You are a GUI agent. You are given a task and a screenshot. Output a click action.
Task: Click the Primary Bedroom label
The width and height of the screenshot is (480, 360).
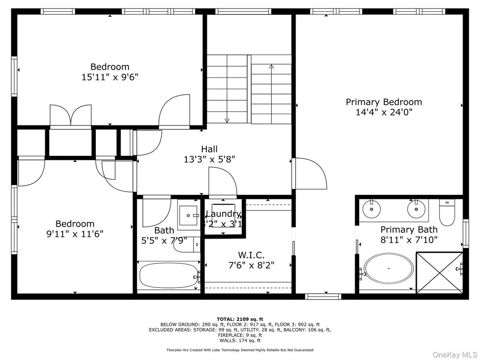coord(384,102)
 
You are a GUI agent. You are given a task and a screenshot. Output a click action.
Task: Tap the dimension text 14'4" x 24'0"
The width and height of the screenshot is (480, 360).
coord(384,112)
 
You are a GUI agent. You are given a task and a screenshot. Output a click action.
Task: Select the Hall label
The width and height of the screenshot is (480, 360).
coord(209,149)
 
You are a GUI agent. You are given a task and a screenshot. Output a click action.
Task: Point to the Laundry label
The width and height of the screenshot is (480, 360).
coord(223,214)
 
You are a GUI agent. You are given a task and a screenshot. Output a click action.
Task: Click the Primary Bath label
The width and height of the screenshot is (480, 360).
coord(409,230)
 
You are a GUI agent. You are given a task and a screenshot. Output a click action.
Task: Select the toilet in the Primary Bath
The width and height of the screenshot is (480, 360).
coord(447,213)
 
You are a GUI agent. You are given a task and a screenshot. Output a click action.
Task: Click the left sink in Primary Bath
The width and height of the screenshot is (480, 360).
coord(372,208)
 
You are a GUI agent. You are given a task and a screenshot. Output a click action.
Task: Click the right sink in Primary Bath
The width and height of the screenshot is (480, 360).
coord(416,208)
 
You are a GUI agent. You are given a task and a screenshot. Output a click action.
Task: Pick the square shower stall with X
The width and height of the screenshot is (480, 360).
coord(439,273)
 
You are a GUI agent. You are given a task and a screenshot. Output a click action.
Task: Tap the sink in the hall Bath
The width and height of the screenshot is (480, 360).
coord(189,215)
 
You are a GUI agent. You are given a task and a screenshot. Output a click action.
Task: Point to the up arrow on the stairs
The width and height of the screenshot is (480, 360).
coord(271,67)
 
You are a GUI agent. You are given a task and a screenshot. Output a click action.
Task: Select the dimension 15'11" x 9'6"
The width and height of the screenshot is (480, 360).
coord(110,77)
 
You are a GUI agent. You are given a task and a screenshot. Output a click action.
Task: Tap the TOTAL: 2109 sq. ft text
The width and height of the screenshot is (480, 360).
coord(240,318)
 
